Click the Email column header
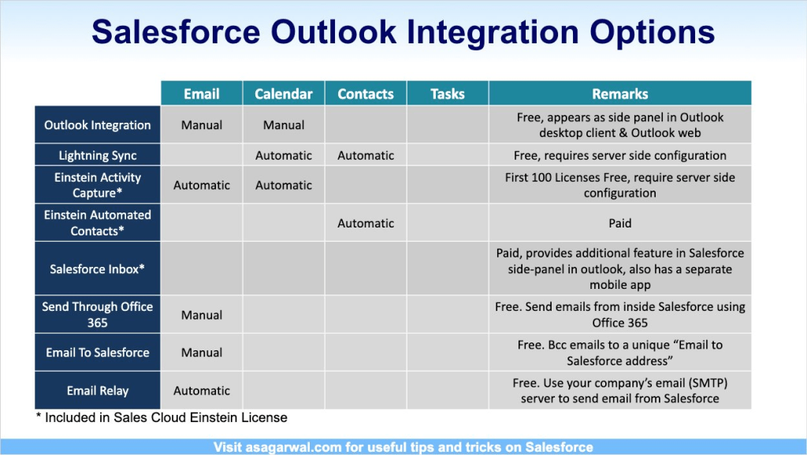coord(202,94)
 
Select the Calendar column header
coord(284,94)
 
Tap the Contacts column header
coord(366,94)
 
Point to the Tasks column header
coord(448,94)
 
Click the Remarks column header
coord(619,94)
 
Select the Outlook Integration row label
coord(97,125)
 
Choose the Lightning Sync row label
coord(97,155)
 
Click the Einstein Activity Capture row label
coord(97,185)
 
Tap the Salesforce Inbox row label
coord(97,269)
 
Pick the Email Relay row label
coord(97,390)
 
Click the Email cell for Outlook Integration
coord(202,125)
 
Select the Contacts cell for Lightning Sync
coord(366,155)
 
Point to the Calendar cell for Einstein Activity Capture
coord(284,185)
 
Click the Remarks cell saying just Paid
coord(619,223)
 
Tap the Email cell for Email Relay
coord(202,390)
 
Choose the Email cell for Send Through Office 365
coord(202,315)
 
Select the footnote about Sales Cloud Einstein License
coord(162,417)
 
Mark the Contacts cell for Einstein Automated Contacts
coord(366,223)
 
